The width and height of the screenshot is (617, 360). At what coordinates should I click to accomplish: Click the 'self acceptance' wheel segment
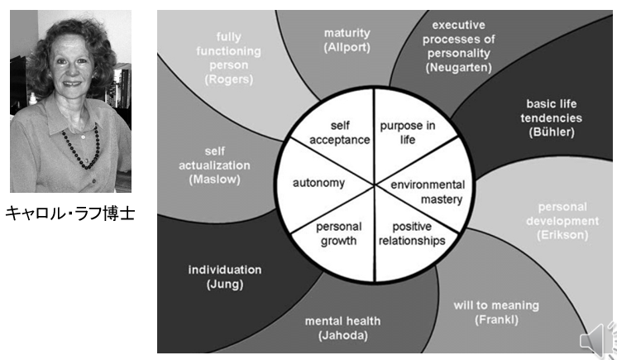click(x=339, y=133)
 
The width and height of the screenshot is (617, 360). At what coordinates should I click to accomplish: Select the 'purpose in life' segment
click(x=407, y=133)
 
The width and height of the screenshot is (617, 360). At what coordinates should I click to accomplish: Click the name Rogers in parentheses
click(x=234, y=79)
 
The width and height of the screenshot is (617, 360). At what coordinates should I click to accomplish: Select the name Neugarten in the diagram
click(x=459, y=65)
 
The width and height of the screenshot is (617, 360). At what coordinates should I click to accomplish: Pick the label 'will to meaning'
click(x=496, y=305)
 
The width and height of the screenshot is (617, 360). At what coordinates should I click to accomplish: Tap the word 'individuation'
click(x=226, y=270)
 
